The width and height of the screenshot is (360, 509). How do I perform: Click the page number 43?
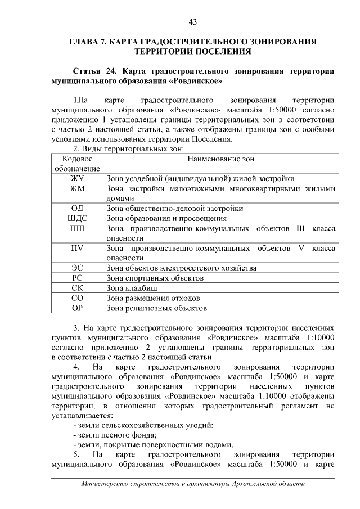tap(192, 22)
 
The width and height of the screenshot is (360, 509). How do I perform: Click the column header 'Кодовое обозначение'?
tap(77, 164)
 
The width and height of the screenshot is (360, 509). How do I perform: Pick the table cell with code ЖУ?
tap(77, 178)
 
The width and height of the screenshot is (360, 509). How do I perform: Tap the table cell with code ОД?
tap(77, 208)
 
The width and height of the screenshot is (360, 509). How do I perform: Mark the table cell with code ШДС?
tap(77, 218)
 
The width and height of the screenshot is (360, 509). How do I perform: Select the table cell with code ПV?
tap(77, 248)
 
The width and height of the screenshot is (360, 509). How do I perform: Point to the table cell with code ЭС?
tap(77, 268)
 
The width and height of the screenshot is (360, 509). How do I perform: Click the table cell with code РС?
tap(77, 278)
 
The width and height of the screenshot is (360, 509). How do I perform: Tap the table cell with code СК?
tap(77, 288)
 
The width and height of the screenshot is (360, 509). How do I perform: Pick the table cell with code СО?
tap(77, 298)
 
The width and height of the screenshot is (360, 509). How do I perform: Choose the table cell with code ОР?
tap(77, 308)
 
